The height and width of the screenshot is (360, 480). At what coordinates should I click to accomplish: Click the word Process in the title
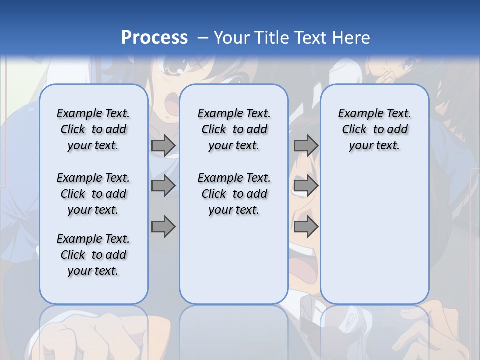click(154, 38)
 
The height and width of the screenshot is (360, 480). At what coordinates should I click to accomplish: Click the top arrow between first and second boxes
click(163, 145)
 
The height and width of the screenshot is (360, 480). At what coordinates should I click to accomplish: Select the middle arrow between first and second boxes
click(163, 186)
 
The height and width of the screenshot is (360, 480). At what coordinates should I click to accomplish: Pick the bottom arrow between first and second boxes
click(163, 227)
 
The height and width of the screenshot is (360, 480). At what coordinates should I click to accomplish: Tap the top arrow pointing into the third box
click(306, 145)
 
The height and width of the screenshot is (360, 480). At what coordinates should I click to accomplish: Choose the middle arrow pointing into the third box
click(306, 186)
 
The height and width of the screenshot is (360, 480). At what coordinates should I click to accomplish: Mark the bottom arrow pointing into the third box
click(306, 227)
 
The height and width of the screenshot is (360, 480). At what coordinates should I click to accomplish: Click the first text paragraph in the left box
click(93, 129)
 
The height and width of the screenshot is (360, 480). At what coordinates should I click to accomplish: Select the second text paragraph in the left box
click(93, 194)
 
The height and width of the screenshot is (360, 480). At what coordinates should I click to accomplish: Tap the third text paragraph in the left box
click(93, 255)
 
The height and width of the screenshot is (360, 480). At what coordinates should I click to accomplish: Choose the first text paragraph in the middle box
click(234, 129)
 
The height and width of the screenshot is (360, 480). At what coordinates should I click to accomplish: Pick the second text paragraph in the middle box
click(234, 194)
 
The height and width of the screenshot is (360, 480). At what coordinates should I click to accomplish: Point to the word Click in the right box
click(354, 130)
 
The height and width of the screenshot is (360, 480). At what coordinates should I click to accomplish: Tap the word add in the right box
click(398, 130)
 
